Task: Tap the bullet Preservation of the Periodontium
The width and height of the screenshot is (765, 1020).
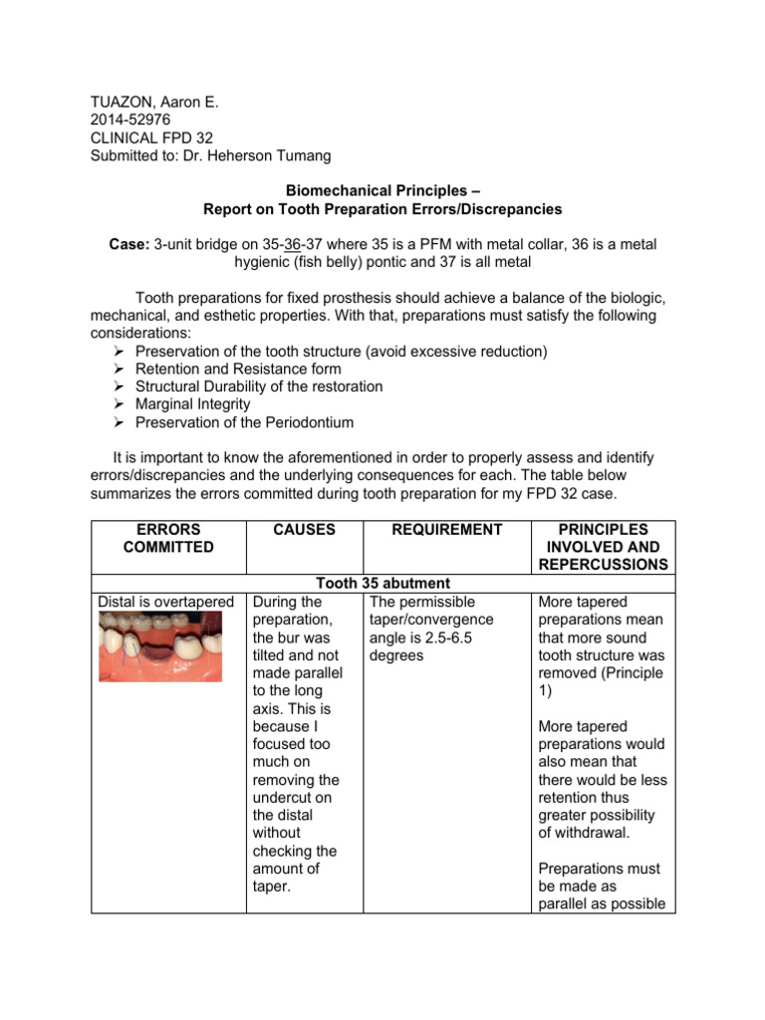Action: [x=244, y=423]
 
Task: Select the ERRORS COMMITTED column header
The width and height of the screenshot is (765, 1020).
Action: [x=168, y=539]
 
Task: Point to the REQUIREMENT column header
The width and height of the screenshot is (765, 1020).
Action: [x=446, y=530]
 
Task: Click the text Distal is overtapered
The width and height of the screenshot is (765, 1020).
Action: [x=165, y=603]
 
